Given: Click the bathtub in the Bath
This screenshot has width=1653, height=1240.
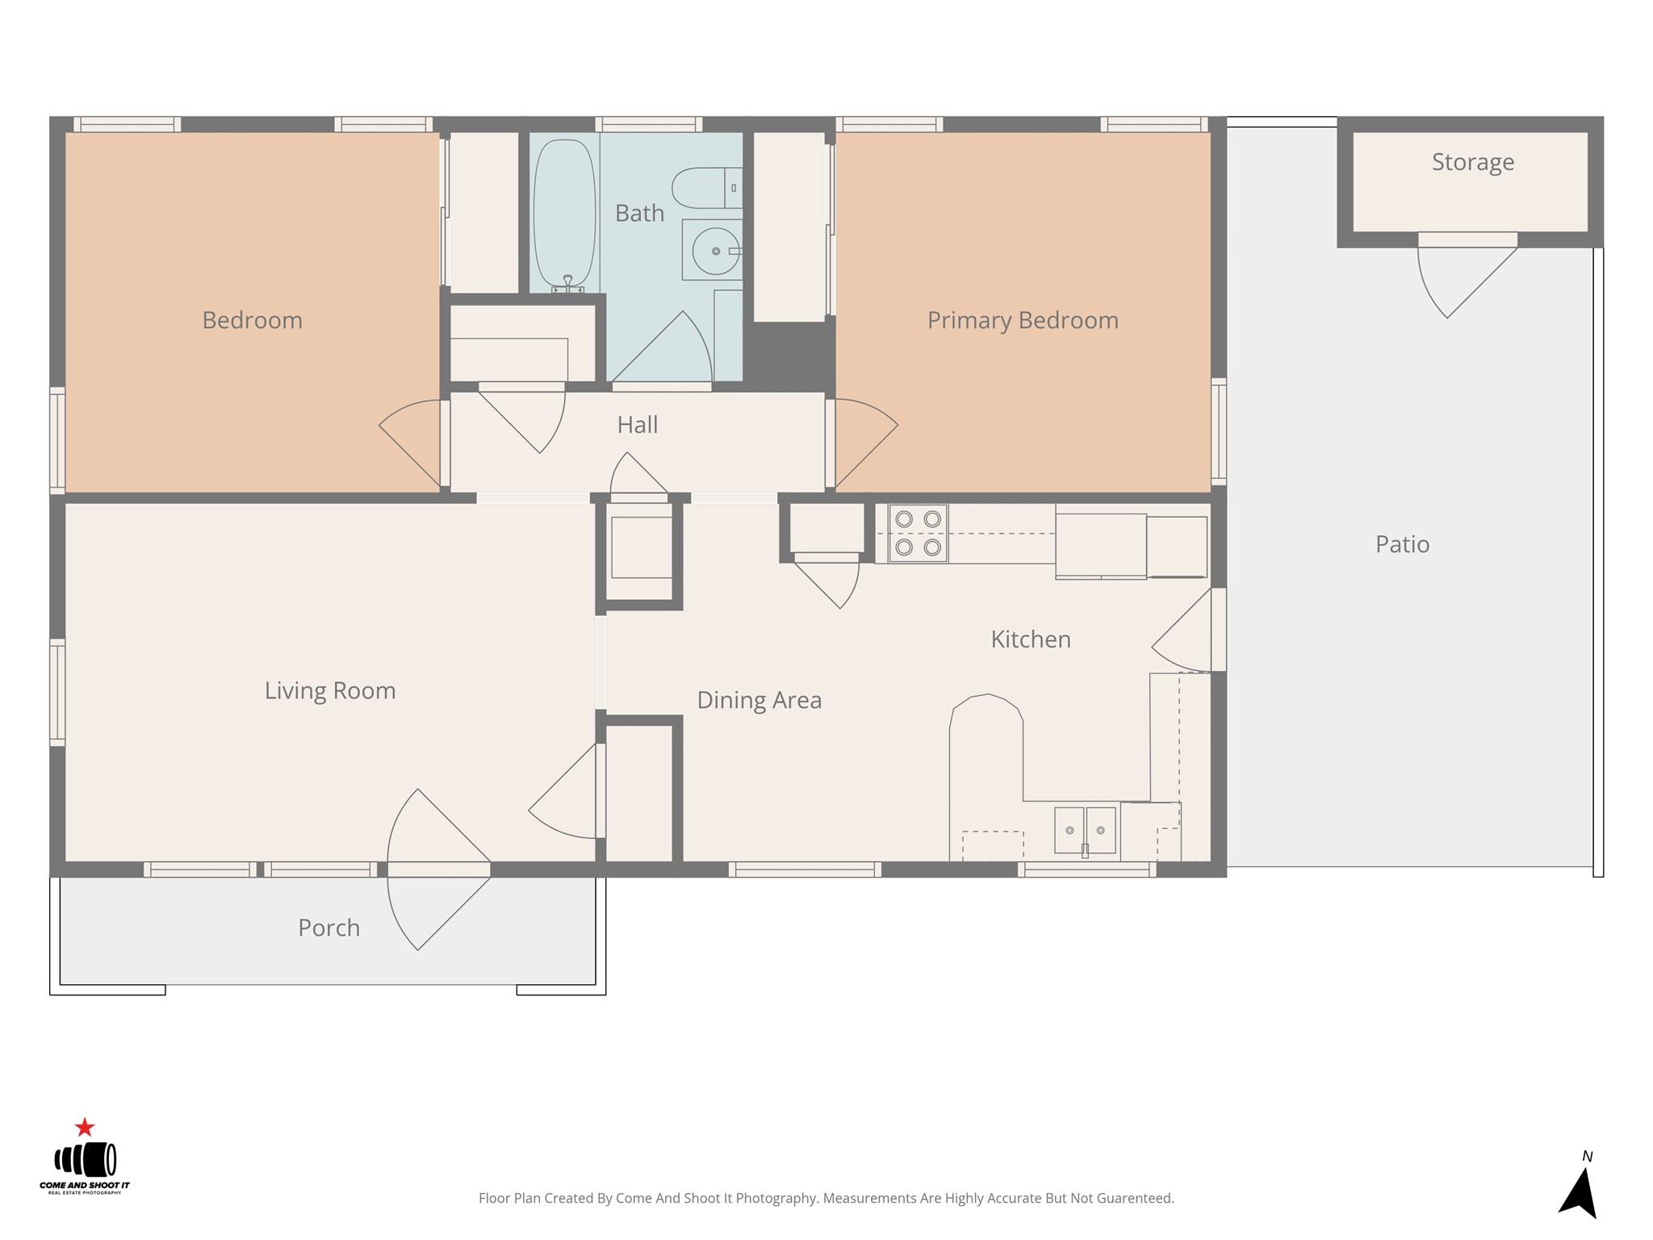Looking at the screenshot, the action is (x=565, y=214).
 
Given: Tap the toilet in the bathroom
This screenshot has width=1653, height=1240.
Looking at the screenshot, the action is (x=707, y=187).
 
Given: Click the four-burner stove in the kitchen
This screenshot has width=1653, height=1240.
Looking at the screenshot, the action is (x=918, y=534).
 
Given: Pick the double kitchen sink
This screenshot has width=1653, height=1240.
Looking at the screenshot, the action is (x=1085, y=830).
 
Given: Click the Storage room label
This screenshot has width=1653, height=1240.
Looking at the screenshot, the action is (x=1472, y=162).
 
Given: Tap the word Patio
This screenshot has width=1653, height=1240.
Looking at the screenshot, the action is (x=1402, y=544).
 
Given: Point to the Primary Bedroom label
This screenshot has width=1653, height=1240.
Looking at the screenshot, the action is (x=1023, y=320).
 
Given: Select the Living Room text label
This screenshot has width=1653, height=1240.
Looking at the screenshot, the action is (x=330, y=691).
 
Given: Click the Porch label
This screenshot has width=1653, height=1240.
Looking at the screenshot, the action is (x=329, y=928).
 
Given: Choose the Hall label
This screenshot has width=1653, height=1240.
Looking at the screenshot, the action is (x=637, y=425).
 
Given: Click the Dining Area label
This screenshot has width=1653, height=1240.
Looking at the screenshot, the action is (x=759, y=700).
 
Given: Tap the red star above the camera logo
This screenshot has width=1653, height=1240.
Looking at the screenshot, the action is (x=85, y=1127).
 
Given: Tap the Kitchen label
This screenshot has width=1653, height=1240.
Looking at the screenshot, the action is (x=1031, y=639).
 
